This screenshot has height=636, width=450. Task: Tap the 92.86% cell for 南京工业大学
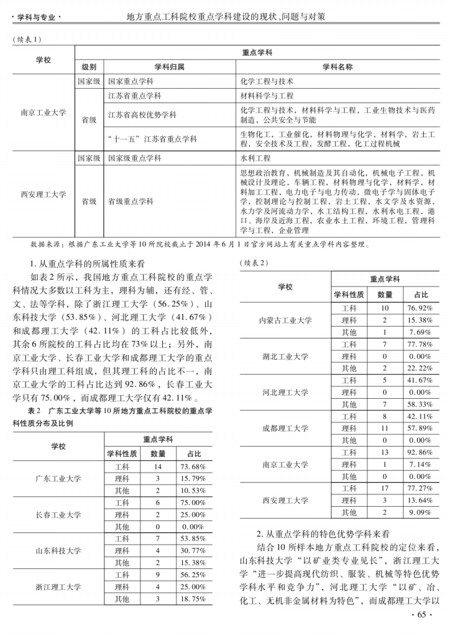click(x=420, y=453)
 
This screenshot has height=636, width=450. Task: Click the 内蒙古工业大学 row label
click(x=285, y=320)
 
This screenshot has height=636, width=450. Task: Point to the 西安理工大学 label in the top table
click(x=43, y=194)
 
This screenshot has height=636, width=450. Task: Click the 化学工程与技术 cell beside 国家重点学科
click(x=267, y=81)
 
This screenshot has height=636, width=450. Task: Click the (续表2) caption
click(x=254, y=262)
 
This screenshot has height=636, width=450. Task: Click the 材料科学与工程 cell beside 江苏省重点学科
click(x=267, y=96)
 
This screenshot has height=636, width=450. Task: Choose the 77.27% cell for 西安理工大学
click(x=420, y=489)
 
